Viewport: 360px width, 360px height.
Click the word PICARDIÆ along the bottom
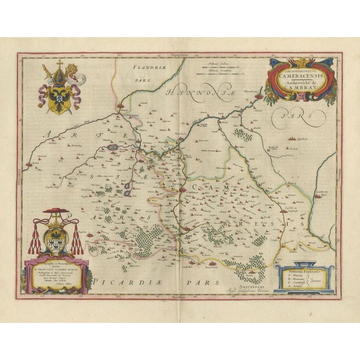click(x=121, y=280)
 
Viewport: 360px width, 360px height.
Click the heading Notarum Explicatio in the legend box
click(x=304, y=271)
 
